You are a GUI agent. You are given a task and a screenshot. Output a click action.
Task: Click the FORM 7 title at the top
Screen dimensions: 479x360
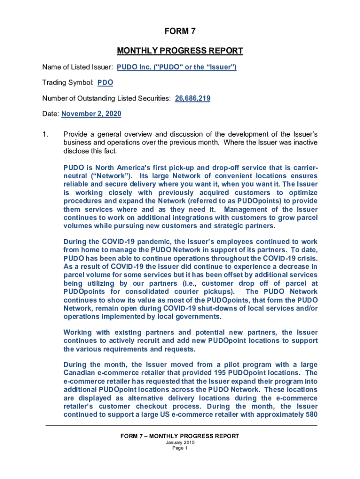tap(180, 32)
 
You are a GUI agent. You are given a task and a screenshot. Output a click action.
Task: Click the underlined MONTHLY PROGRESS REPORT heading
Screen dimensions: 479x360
tap(180, 51)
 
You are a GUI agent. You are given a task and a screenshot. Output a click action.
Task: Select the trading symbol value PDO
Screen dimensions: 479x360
tap(105, 83)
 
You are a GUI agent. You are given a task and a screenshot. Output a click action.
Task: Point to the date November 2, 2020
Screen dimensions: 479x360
tap(91, 113)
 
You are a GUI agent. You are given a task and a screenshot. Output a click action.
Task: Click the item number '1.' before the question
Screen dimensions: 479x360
tap(45, 135)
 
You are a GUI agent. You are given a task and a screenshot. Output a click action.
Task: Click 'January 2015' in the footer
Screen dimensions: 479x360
tap(180, 443)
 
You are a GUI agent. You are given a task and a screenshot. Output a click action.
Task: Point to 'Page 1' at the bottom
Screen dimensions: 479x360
tap(180, 448)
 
